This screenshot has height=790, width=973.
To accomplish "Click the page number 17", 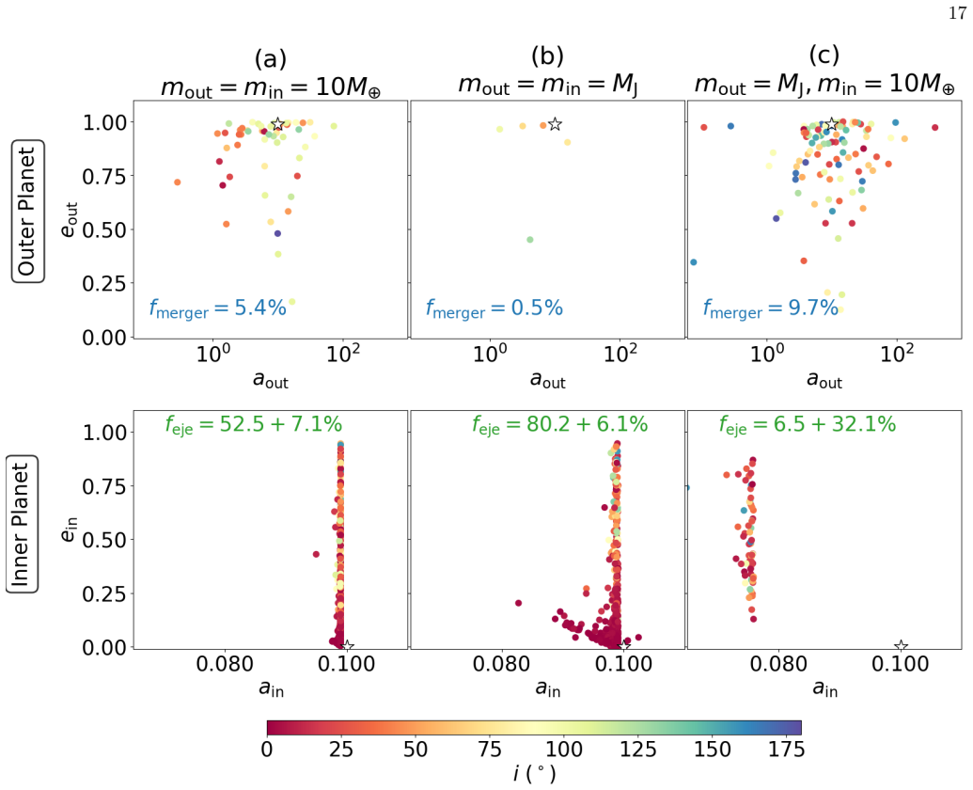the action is pos(957,12).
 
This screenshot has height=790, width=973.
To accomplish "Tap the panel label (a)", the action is pos(271,59).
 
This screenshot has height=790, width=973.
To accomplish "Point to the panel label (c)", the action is pos(824,55).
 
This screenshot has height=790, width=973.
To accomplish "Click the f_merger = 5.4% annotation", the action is pos(218,308).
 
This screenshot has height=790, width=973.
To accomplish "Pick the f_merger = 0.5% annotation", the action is pos(494,308).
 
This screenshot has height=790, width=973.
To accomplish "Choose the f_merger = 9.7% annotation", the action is pos(771,308).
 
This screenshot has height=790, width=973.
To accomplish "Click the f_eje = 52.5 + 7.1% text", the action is pos(254,424).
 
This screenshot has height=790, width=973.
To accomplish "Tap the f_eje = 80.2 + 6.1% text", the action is pos(559,424).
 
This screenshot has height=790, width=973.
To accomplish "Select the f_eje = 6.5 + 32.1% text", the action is pos(808,424).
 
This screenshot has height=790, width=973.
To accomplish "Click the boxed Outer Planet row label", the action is pos(28,211).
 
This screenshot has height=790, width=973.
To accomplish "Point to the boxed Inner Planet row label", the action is pos(23,524).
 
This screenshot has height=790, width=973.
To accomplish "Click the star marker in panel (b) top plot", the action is pos(556,124).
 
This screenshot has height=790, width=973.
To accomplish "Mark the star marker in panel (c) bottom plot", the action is pos(901,647).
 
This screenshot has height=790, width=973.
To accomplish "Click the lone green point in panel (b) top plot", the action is pos(530,240).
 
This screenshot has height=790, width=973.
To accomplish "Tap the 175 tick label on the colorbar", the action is pos(786,750).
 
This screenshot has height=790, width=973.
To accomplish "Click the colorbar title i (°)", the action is pos(534,774).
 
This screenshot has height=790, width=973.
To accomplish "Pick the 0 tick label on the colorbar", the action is pos(267,750).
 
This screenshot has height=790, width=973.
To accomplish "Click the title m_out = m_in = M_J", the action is pos(548,85).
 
